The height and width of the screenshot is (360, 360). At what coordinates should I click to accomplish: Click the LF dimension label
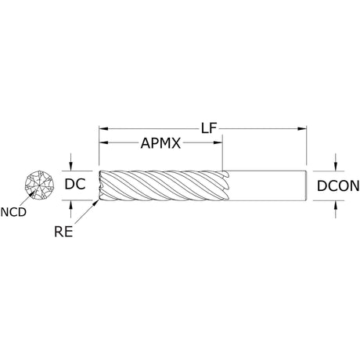click(x=209, y=128)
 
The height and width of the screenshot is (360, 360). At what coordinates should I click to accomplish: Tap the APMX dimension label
click(x=160, y=143)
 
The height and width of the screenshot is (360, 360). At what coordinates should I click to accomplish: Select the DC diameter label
click(x=75, y=184)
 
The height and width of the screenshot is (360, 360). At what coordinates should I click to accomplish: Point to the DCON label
click(x=338, y=186)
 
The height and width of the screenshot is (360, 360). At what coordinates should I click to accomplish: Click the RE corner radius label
click(x=63, y=232)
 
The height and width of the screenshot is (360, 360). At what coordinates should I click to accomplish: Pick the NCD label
click(x=13, y=212)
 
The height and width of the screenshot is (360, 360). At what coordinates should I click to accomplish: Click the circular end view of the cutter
click(x=39, y=185)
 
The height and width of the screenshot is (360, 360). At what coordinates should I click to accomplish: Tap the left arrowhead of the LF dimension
click(x=103, y=128)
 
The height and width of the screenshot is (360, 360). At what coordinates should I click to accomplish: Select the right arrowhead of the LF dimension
click(x=302, y=128)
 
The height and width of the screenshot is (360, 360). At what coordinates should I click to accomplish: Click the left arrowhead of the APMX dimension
click(x=103, y=142)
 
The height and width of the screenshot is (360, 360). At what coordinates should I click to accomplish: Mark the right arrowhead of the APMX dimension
click(x=218, y=142)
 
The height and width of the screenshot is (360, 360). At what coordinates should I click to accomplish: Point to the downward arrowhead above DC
click(x=70, y=167)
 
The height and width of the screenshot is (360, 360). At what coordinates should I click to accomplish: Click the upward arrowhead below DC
click(x=70, y=205)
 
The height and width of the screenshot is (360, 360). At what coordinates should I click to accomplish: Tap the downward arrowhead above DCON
click(x=336, y=167)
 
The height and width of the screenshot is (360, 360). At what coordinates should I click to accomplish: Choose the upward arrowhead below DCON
click(x=336, y=205)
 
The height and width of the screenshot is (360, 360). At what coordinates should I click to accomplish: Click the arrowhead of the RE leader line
click(x=97, y=203)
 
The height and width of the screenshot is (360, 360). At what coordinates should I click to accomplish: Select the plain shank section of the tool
click(x=266, y=185)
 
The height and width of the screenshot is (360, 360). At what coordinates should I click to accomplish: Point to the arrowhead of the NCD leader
click(x=32, y=193)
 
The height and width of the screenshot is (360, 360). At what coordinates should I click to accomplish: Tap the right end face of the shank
click(x=305, y=185)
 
